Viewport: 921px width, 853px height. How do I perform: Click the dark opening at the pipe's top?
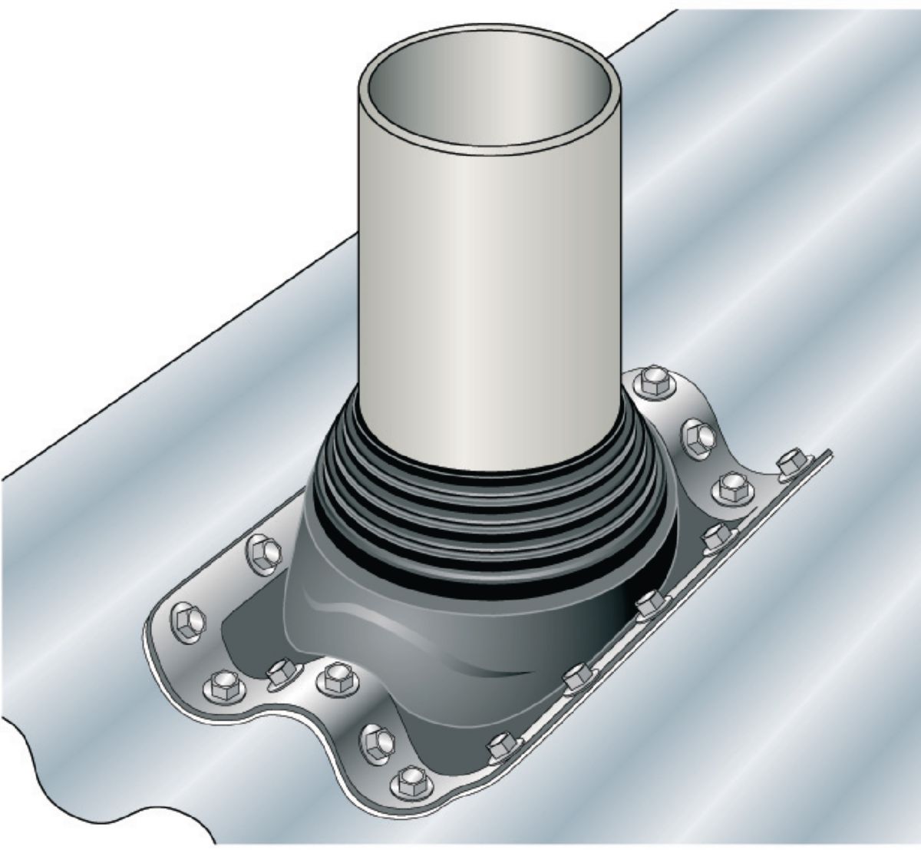(x=491, y=96)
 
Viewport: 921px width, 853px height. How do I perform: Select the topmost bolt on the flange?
(x=654, y=379)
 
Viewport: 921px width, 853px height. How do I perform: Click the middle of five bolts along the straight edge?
(x=649, y=604)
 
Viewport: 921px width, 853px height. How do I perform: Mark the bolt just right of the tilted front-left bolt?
(x=335, y=676)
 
